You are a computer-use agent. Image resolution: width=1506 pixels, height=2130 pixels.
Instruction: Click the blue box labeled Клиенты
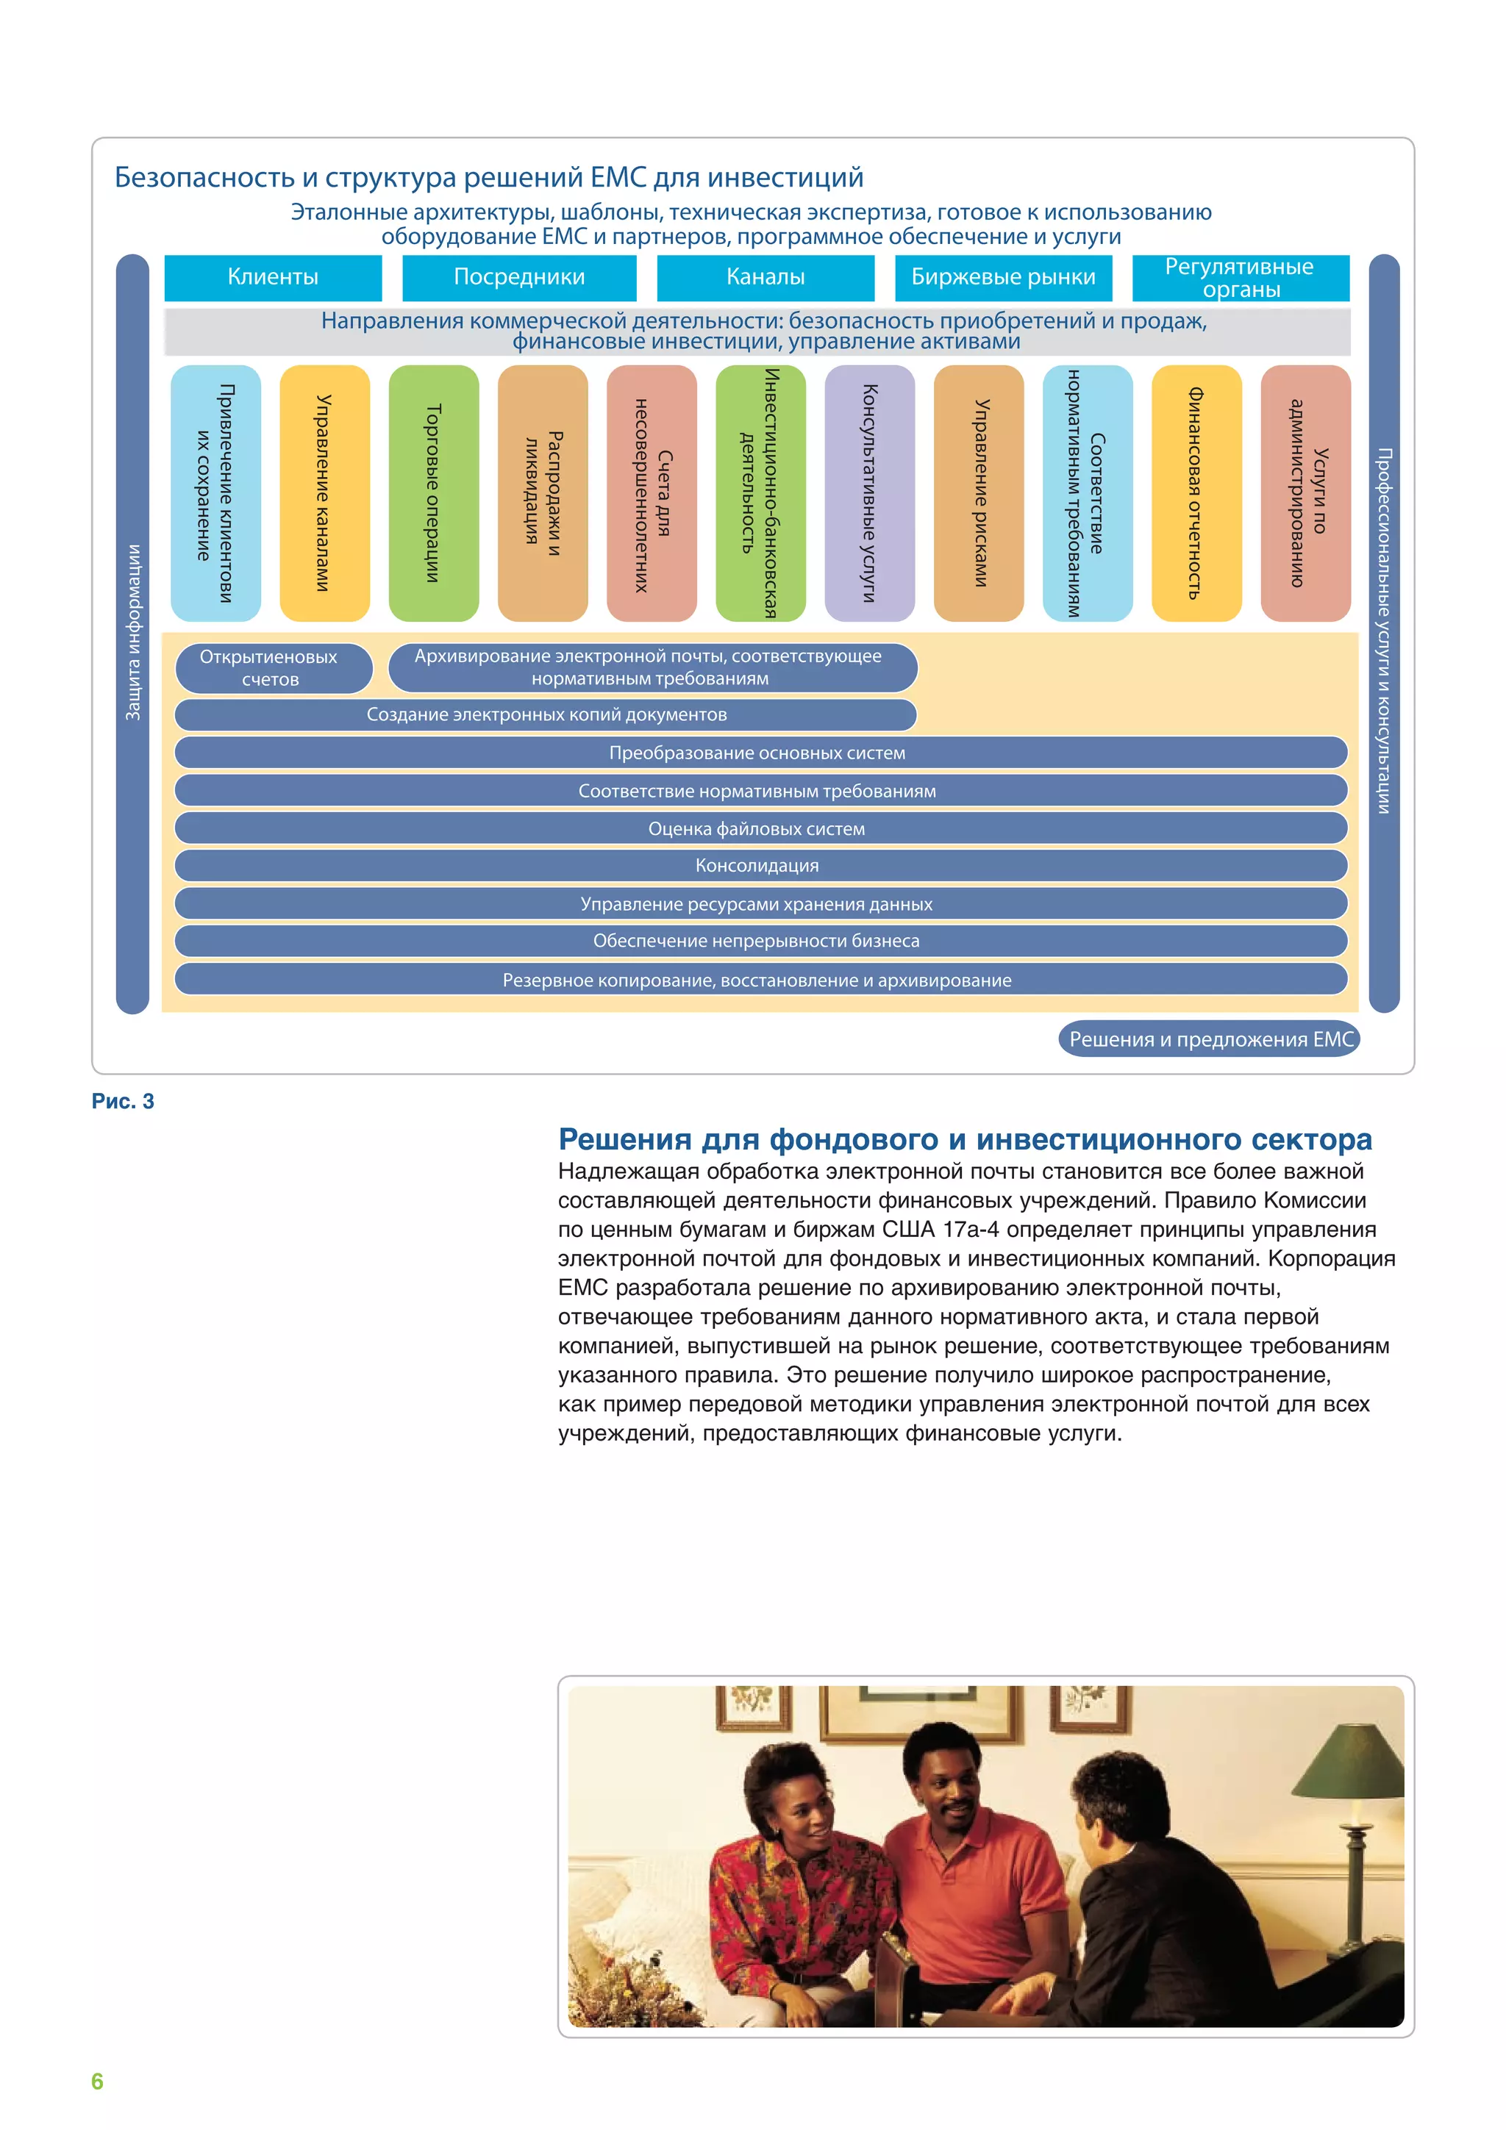point(273,277)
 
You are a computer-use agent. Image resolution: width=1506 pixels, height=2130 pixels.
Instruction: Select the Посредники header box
point(518,277)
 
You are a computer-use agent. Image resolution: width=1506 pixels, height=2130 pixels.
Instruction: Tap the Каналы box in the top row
point(766,277)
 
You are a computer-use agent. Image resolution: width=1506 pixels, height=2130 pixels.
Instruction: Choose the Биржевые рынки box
point(1003,277)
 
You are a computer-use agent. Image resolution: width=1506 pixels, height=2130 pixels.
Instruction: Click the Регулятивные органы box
point(1240,277)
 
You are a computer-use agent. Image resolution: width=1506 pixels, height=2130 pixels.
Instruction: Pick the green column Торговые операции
point(433,492)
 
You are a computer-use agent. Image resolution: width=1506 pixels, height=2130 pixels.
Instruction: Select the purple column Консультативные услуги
point(869,492)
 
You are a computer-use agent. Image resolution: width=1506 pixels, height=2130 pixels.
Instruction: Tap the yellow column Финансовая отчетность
point(1196,492)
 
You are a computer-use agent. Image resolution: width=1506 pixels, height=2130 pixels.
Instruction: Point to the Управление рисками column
point(979,492)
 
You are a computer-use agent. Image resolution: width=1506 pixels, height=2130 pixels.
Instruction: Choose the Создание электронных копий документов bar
point(546,714)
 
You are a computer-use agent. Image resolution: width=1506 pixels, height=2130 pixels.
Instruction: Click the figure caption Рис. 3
point(123,1101)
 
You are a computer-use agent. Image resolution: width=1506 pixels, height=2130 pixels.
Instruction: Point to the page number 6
point(97,2081)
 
